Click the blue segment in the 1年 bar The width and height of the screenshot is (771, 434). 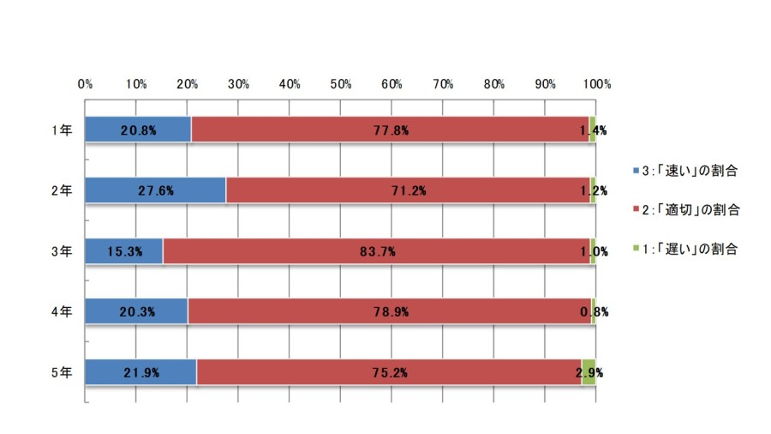click(x=138, y=130)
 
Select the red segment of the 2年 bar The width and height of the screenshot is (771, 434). click(x=408, y=190)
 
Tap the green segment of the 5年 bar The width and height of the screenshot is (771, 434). click(x=589, y=372)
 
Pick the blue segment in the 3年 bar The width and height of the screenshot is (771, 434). click(x=124, y=251)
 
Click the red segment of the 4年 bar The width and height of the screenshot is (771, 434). click(x=390, y=311)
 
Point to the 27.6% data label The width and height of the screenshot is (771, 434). click(x=156, y=191)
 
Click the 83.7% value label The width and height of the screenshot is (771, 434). click(x=378, y=251)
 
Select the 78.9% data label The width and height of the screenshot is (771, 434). click(x=391, y=312)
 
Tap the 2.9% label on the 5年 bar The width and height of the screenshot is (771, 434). click(x=589, y=373)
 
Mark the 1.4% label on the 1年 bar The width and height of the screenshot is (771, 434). click(x=593, y=130)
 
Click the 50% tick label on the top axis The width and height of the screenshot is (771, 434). click(x=341, y=84)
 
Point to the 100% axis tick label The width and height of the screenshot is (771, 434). click(x=597, y=84)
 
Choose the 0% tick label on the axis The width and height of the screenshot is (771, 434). click(x=85, y=84)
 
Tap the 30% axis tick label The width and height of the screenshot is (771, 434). click(x=238, y=84)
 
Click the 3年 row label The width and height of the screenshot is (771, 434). click(x=62, y=251)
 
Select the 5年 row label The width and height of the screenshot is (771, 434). click(x=62, y=372)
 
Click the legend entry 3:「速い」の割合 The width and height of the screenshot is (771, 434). click(x=685, y=171)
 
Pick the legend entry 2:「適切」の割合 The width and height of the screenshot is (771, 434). click(x=686, y=209)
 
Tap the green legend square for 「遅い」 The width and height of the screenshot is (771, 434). click(x=637, y=249)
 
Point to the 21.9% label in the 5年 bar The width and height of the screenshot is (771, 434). click(x=141, y=373)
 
